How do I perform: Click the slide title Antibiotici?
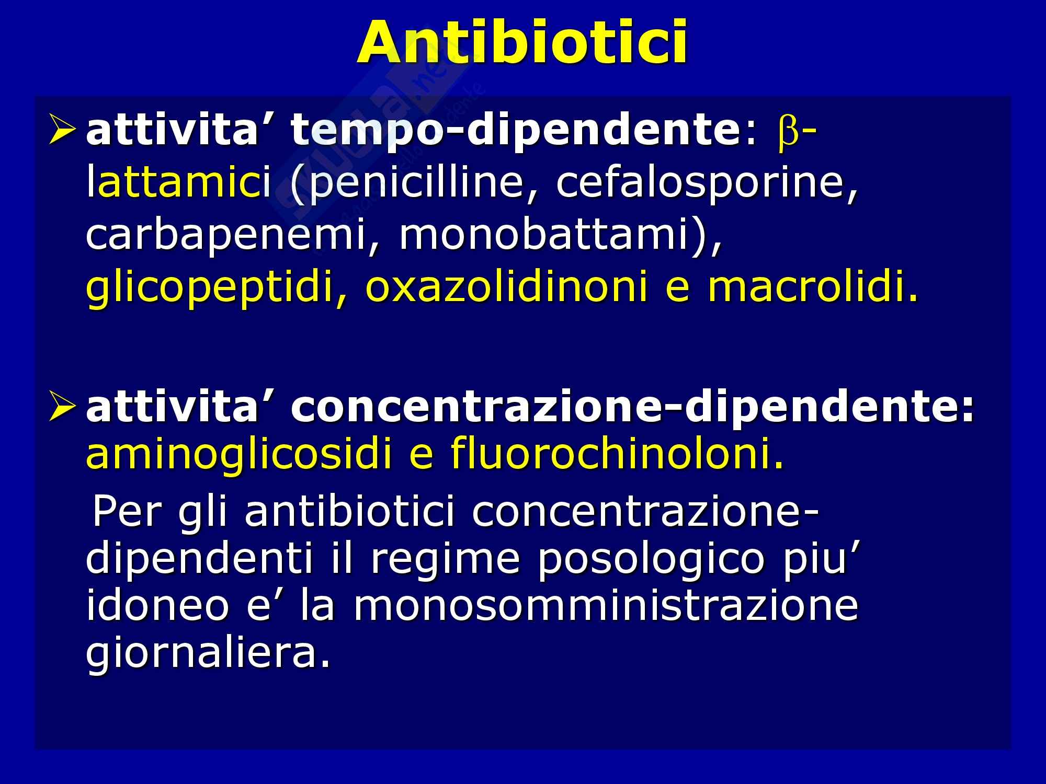pyautogui.click(x=522, y=42)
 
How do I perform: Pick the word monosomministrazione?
pyautogui.click(x=606, y=606)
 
